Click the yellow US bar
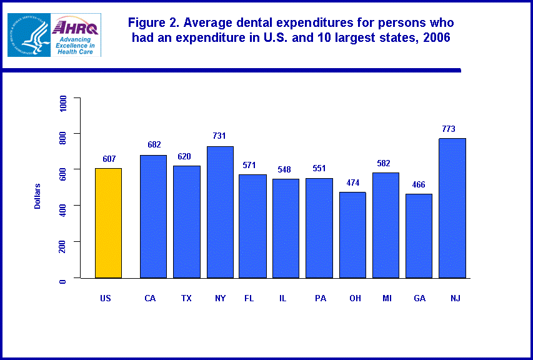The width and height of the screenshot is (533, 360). pos(108,222)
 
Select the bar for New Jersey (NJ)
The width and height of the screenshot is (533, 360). pos(452,207)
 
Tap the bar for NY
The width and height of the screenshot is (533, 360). pos(220,212)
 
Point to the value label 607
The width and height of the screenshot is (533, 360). pos(109,159)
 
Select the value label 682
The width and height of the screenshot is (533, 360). pos(154,145)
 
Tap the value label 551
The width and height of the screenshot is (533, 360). pos(319,169)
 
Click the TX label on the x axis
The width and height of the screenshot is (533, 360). pos(186,298)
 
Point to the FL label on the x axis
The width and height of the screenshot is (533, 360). pos(249,298)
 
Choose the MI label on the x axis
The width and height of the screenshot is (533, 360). pos(387,298)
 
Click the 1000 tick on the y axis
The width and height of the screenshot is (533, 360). pos(62,104)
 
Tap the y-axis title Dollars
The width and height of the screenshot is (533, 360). pos(37,196)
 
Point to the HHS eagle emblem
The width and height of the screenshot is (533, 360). pos(29,35)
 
